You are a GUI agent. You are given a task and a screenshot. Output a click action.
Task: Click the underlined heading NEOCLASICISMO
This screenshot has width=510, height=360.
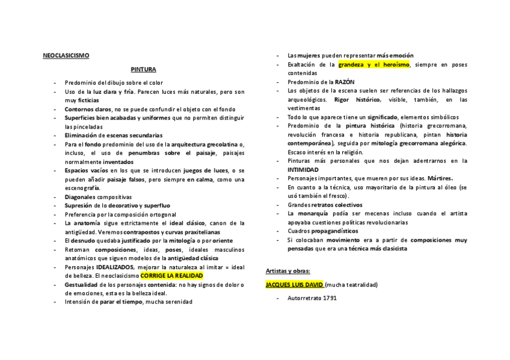click(66, 56)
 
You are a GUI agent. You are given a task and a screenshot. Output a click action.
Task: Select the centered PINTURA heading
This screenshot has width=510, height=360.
click(143, 69)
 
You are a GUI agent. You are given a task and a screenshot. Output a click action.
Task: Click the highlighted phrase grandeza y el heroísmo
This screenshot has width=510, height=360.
click(373, 64)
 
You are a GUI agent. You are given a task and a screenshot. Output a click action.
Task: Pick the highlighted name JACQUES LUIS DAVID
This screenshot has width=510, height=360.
click(295, 284)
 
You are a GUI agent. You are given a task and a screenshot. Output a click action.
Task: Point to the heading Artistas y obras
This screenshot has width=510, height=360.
click(288, 271)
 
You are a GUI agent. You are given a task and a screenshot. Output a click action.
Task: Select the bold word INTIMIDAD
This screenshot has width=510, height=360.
click(303, 169)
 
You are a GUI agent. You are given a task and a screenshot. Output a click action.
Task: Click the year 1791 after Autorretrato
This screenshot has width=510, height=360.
click(330, 298)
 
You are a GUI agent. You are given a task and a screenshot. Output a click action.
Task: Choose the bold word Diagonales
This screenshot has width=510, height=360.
click(81, 197)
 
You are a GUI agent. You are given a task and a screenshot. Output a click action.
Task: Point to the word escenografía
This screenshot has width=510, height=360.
click(82, 188)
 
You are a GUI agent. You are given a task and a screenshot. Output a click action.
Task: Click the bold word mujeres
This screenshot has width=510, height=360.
click(311, 56)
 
